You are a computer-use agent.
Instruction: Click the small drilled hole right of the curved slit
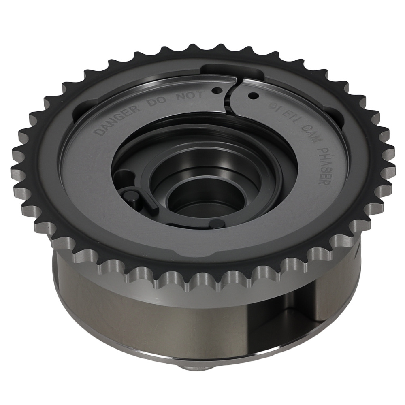coord(254,96)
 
